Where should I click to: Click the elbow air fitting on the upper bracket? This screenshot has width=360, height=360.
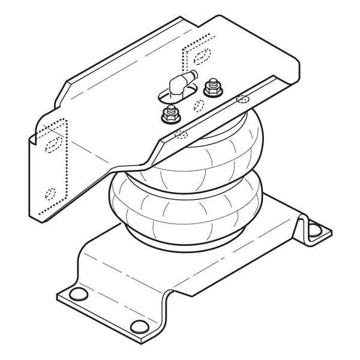[x=176, y=85]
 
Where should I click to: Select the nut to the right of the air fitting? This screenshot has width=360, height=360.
[x=211, y=89]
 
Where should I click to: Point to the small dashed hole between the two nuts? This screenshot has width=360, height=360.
[x=197, y=106]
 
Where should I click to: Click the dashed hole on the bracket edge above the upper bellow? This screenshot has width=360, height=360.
[x=242, y=98]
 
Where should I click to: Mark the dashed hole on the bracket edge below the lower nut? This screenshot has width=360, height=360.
[x=178, y=134]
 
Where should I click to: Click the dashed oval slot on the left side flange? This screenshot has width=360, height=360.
[x=52, y=145]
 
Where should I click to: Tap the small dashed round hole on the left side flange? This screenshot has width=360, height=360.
[x=50, y=194]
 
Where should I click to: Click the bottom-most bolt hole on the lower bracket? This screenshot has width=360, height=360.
[x=139, y=326]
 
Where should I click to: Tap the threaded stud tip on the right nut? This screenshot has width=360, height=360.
[x=211, y=82]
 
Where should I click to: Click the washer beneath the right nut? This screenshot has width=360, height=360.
[x=211, y=94]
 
